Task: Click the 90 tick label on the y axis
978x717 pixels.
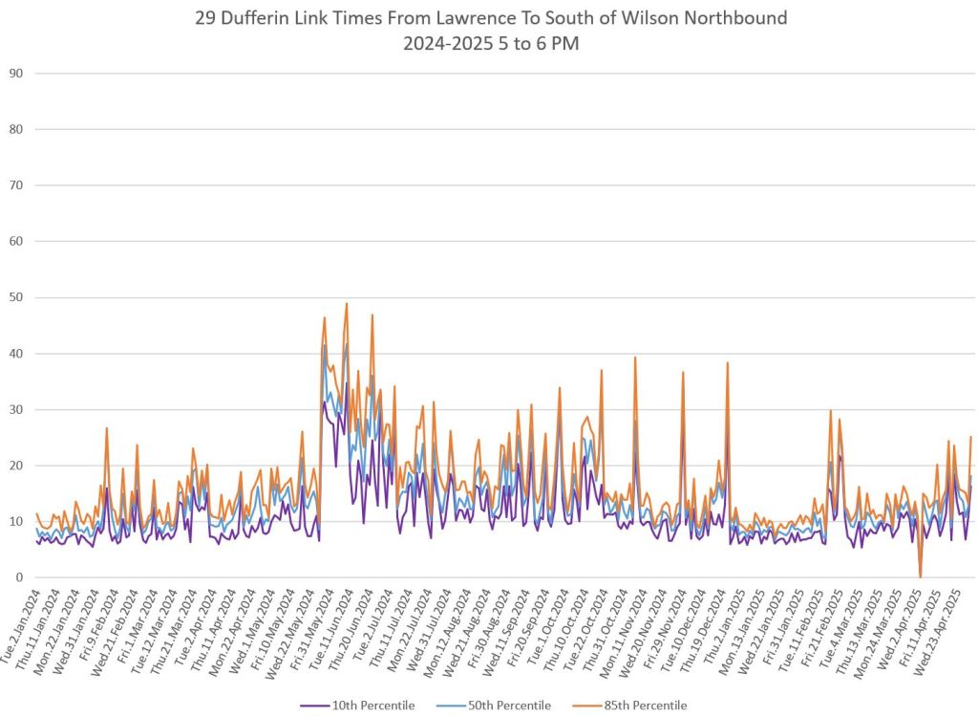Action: click(x=16, y=74)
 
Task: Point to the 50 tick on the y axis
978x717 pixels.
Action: click(x=16, y=297)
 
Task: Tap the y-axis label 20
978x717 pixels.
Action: click(x=16, y=466)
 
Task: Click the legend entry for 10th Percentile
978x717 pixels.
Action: click(x=368, y=706)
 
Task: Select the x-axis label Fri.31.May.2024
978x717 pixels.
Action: click(x=304, y=617)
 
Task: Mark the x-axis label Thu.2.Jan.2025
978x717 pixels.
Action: click(x=714, y=617)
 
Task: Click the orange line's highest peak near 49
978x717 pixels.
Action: click(x=347, y=304)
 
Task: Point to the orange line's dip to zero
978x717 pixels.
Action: click(x=921, y=576)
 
